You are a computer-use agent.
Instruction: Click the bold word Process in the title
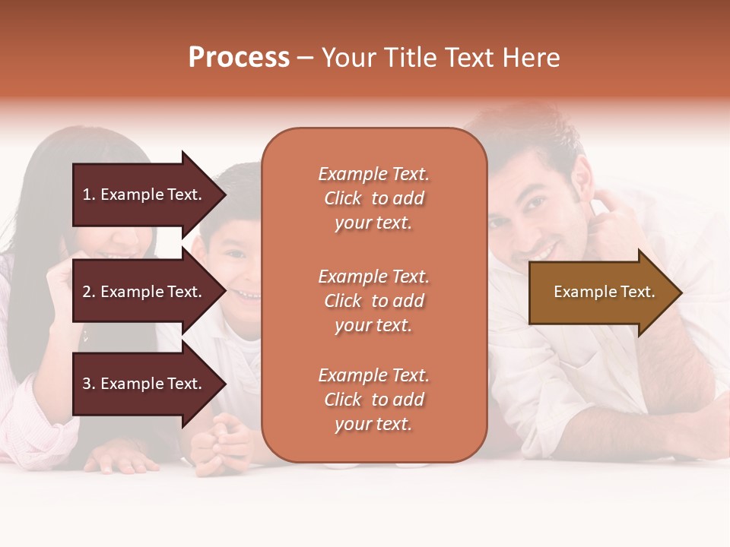click(x=239, y=58)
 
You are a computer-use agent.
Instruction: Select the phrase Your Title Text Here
click(x=440, y=58)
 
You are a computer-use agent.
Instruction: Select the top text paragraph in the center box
click(x=373, y=198)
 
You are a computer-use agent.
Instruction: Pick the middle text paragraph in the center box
click(x=373, y=301)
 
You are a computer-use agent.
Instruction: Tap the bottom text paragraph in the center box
click(x=373, y=400)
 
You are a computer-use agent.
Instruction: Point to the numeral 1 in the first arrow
click(x=86, y=194)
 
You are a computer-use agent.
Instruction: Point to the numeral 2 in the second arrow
click(x=86, y=292)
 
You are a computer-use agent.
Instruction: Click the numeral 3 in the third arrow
click(x=86, y=384)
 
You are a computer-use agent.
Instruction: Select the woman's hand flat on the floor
click(x=114, y=460)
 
